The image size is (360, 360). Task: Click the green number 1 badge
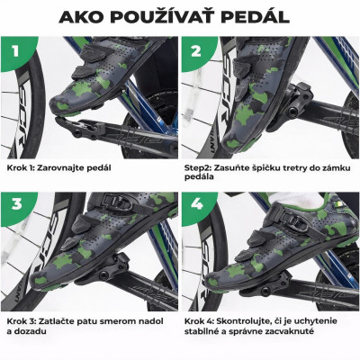(x=17, y=51)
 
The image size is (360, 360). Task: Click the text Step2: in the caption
(x=203, y=166)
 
